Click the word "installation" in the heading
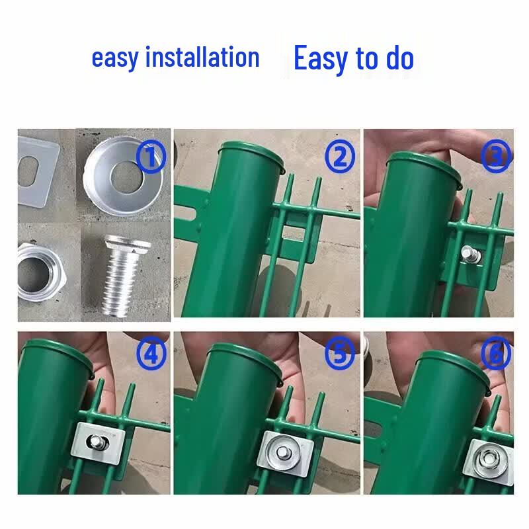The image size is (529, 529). [202, 58]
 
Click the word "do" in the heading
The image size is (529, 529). [400, 58]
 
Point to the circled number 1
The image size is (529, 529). [151, 157]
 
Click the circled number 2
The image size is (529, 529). [340, 156]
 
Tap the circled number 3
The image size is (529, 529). [495, 156]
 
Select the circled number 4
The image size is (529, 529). [151, 353]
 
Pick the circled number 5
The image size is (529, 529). [340, 353]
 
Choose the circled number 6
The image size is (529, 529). [495, 353]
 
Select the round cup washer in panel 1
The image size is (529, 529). [124, 176]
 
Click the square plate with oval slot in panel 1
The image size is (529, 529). [37, 172]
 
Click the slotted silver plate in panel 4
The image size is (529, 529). [98, 442]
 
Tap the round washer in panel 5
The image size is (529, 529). [282, 452]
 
